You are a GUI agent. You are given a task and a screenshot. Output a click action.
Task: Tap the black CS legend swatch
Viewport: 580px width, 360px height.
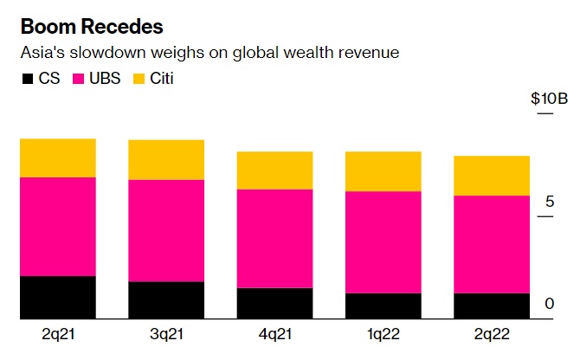(27, 79)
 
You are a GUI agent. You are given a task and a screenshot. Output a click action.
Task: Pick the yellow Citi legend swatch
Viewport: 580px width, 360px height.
(140, 79)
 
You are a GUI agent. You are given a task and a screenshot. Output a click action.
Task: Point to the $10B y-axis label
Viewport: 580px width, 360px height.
(549, 98)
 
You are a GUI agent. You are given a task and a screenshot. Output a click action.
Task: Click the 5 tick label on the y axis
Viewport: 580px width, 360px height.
(549, 202)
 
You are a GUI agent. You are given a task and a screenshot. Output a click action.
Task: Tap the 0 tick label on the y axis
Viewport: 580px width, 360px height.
(549, 304)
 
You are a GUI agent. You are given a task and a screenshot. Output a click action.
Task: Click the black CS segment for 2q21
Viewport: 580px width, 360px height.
(58, 298)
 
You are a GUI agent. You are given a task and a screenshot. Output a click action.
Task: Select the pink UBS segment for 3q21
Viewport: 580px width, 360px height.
(166, 230)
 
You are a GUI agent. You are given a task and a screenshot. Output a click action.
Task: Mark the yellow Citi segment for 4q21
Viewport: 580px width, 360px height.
(275, 170)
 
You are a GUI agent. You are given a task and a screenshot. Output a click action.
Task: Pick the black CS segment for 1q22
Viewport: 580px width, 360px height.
(383, 306)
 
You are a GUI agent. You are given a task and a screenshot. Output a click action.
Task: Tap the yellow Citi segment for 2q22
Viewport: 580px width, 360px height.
(493, 176)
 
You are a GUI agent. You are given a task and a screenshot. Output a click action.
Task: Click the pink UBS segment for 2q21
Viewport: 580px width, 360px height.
(58, 226)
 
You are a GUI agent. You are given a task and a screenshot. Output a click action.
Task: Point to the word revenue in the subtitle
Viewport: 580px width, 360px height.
(371, 53)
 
